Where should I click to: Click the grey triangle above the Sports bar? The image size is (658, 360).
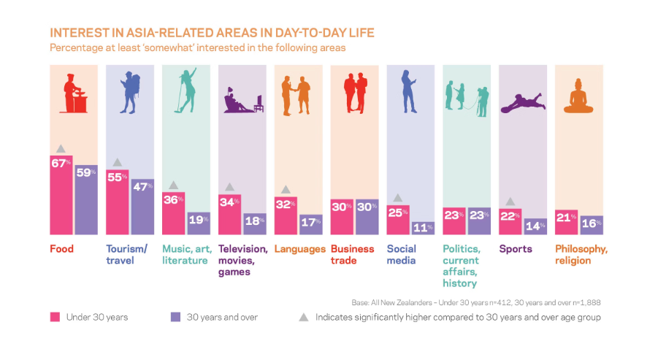coord(510,202)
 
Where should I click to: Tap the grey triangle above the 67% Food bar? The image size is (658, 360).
coord(61,149)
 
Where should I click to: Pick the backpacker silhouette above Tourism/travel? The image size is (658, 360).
coord(129,92)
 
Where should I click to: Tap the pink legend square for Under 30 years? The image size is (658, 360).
coord(54,318)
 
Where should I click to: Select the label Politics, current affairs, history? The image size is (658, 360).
coord(461,266)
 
